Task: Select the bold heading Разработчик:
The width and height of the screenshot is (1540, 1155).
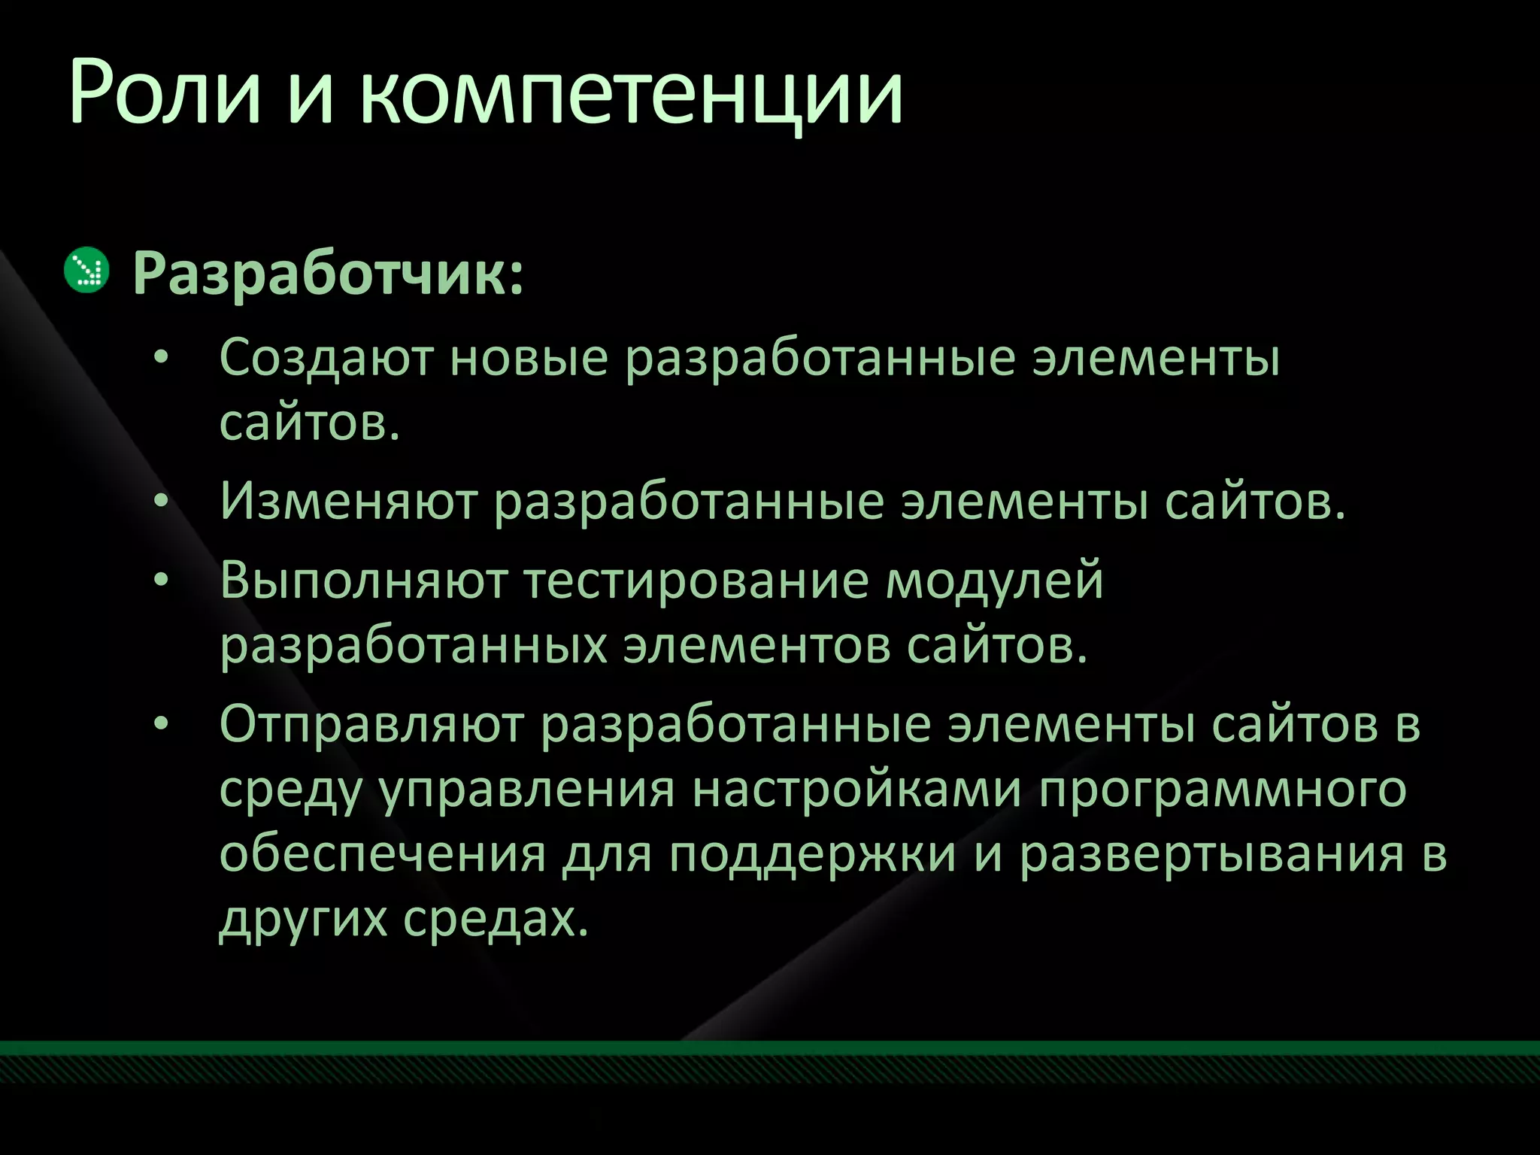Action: (x=328, y=275)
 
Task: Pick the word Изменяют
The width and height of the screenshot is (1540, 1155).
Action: (x=348, y=502)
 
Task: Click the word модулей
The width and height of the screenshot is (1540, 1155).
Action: (x=994, y=581)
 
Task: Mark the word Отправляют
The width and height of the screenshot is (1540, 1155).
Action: (x=371, y=724)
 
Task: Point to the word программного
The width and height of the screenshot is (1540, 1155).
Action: (x=1223, y=790)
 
